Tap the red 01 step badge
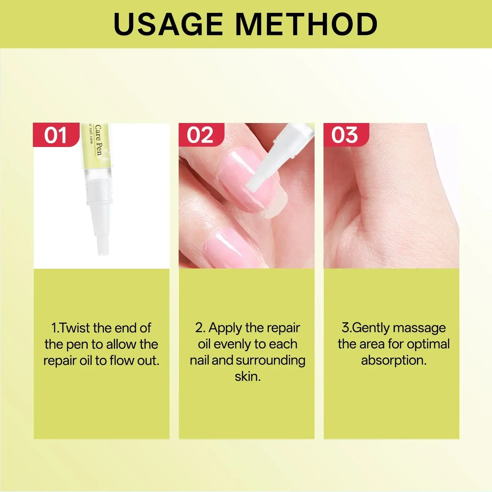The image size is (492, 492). pos(56,135)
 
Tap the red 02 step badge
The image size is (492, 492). pos(200,135)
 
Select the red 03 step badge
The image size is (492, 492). pos(345,135)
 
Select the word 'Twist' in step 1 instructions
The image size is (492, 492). pos(76,328)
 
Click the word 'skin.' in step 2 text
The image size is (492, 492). pos(248,377)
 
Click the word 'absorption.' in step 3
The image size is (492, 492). pos(394,361)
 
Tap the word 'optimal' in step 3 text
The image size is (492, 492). pos(428,344)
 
